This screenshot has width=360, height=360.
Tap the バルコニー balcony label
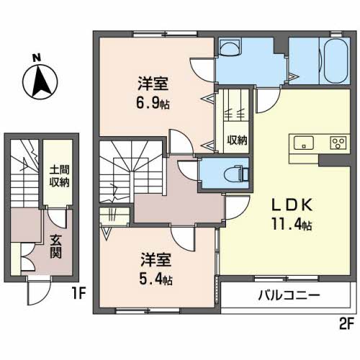pyautogui.click(x=288, y=296)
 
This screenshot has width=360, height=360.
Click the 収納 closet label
pyautogui.click(x=236, y=140)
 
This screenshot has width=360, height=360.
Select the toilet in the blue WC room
pyautogui.click(x=235, y=172)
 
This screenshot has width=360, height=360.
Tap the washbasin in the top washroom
pyautogui.click(x=230, y=48)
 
